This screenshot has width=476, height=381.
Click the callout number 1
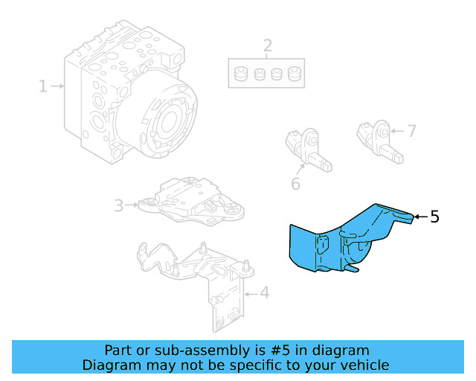(43, 87)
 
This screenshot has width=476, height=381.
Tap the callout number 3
(119, 204)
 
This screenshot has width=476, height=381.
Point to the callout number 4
(264, 293)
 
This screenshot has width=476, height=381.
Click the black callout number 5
(434, 217)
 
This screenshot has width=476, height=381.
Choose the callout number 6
(296, 182)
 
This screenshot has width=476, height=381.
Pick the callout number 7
(411, 132)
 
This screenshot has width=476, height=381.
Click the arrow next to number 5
(419, 217)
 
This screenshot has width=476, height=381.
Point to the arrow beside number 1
(58, 87)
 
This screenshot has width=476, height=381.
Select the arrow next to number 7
(396, 132)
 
